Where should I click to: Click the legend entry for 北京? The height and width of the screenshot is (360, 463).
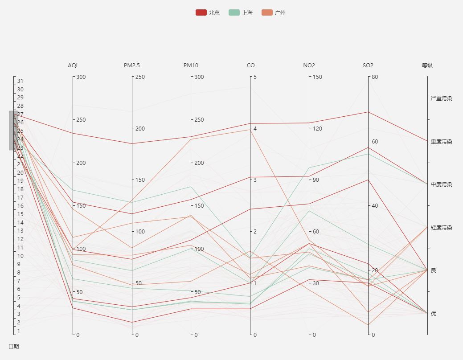pyautogui.click(x=208, y=12)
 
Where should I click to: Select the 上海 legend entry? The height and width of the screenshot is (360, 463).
pyautogui.click(x=241, y=12)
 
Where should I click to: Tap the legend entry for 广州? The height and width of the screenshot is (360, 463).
pyautogui.click(x=274, y=12)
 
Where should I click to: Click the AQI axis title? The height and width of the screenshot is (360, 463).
pyautogui.click(x=73, y=65)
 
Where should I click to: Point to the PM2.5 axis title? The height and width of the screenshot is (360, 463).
pyautogui.click(x=132, y=65)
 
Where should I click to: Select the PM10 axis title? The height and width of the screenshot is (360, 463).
pyautogui.click(x=191, y=65)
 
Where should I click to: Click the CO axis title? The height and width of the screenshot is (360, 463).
pyautogui.click(x=250, y=65)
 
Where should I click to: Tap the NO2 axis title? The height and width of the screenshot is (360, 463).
pyautogui.click(x=309, y=65)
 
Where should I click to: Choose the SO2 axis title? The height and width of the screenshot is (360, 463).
pyautogui.click(x=368, y=65)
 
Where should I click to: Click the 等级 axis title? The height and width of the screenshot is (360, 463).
pyautogui.click(x=427, y=65)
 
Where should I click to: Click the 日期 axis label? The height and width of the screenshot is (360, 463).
pyautogui.click(x=14, y=346)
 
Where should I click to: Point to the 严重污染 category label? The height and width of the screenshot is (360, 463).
pyautogui.click(x=441, y=98)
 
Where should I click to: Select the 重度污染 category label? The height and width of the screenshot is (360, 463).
pyautogui.click(x=441, y=142)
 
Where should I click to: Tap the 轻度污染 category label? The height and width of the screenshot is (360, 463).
pyautogui.click(x=441, y=228)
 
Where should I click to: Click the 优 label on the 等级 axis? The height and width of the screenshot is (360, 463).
pyautogui.click(x=434, y=314)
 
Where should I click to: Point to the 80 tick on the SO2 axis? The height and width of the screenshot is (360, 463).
pyautogui.click(x=375, y=77)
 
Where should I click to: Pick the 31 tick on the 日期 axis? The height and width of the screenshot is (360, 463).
pyautogui.click(x=20, y=81)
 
